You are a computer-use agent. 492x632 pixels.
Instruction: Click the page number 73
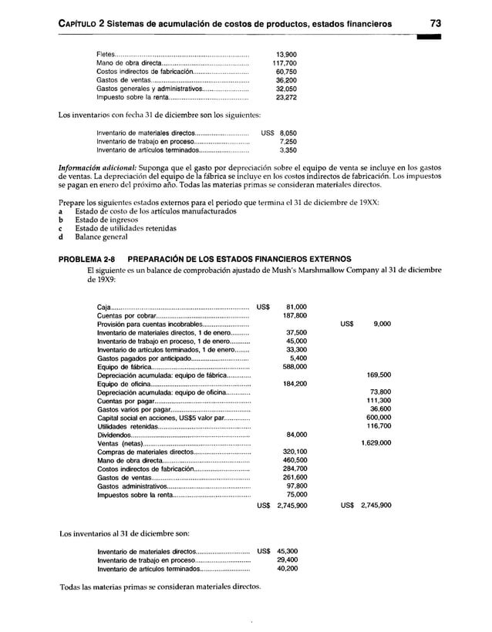[x=436, y=24]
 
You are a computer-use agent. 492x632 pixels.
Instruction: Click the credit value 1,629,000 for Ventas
[x=376, y=443]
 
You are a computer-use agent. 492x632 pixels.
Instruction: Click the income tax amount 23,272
[x=287, y=99]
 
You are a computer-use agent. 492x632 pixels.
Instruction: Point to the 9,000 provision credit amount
[x=381, y=324]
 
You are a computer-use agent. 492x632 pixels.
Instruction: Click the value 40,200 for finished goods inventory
[x=287, y=569]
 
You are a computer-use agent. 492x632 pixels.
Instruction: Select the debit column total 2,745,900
[x=291, y=506]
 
